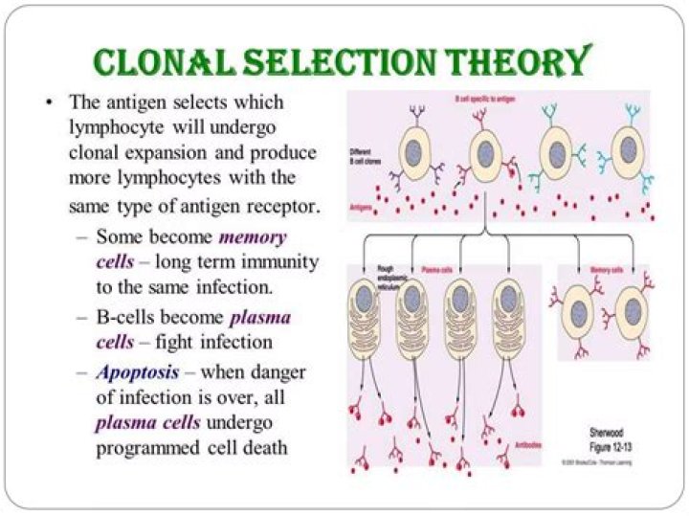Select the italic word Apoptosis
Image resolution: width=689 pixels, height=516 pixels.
(x=135, y=372)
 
